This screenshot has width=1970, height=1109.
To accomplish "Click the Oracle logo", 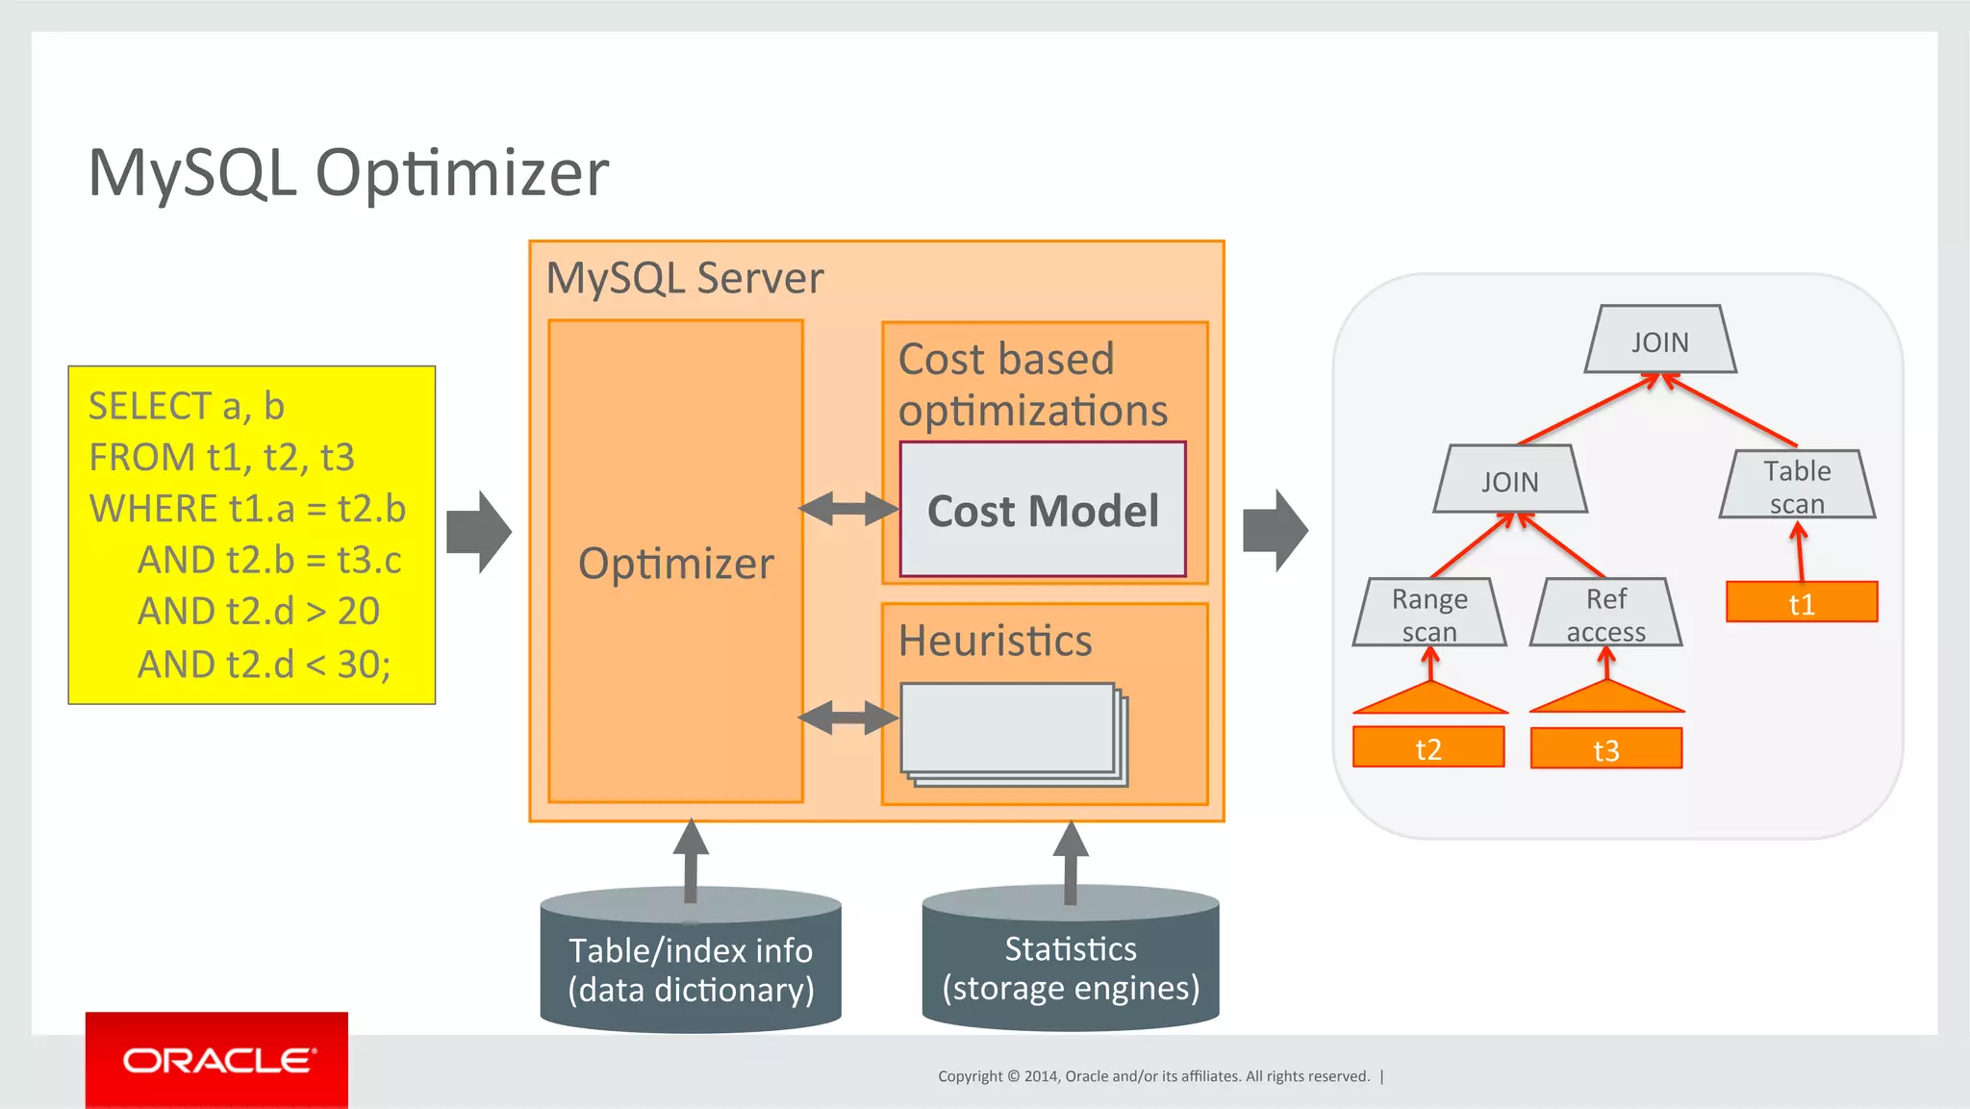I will (x=216, y=1060).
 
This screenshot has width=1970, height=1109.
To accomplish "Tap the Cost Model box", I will (x=1043, y=510).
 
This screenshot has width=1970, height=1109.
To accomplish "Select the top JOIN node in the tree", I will (x=1659, y=340).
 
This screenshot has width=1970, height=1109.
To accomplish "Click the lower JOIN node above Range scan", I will (x=1509, y=480).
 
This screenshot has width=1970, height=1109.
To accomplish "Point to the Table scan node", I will (x=1797, y=486).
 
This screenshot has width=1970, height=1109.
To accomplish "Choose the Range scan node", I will (x=1429, y=613).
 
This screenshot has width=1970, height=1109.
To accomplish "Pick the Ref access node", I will (x=1605, y=613).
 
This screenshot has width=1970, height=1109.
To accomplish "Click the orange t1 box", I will (x=1801, y=603).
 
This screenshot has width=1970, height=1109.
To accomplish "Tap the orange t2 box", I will (x=1428, y=747).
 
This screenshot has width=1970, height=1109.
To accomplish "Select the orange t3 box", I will (x=1605, y=748).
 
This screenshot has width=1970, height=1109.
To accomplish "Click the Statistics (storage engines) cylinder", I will (x=1071, y=967).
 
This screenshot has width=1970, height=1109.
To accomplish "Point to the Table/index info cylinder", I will (x=691, y=969).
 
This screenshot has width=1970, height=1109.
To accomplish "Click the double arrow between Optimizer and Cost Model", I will (x=847, y=509).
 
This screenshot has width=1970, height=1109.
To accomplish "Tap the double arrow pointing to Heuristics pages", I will (x=847, y=718).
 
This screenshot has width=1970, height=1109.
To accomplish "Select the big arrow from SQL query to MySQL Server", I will (x=479, y=532).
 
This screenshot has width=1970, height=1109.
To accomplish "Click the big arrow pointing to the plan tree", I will (x=1275, y=530).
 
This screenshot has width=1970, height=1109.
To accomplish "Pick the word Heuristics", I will (x=995, y=641).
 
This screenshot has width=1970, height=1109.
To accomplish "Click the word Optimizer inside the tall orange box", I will (x=675, y=564).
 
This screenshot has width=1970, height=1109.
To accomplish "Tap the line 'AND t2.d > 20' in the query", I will (x=258, y=612).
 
